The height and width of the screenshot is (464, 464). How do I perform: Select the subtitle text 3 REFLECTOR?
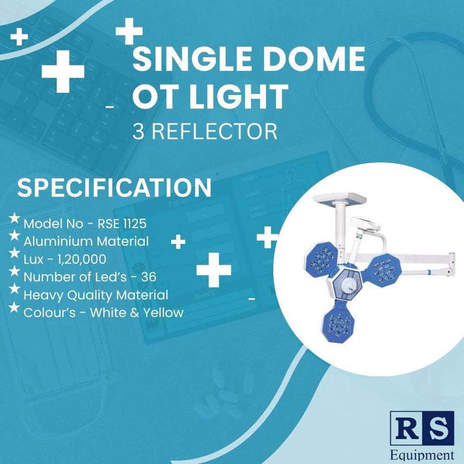click(x=205, y=131)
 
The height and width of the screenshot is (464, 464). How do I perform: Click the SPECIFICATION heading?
click(x=114, y=188)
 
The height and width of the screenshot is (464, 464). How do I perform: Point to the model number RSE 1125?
click(x=122, y=224)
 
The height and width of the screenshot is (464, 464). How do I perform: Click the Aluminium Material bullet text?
click(x=86, y=241)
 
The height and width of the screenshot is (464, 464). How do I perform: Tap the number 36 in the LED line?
click(x=149, y=277)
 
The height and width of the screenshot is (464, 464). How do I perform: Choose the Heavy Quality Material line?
click(x=96, y=295)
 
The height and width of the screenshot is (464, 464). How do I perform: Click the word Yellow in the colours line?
click(x=163, y=312)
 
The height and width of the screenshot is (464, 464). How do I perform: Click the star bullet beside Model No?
click(x=14, y=218)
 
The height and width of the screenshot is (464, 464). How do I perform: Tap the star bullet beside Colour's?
click(x=14, y=307)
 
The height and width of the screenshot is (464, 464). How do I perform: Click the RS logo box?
click(x=422, y=428)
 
